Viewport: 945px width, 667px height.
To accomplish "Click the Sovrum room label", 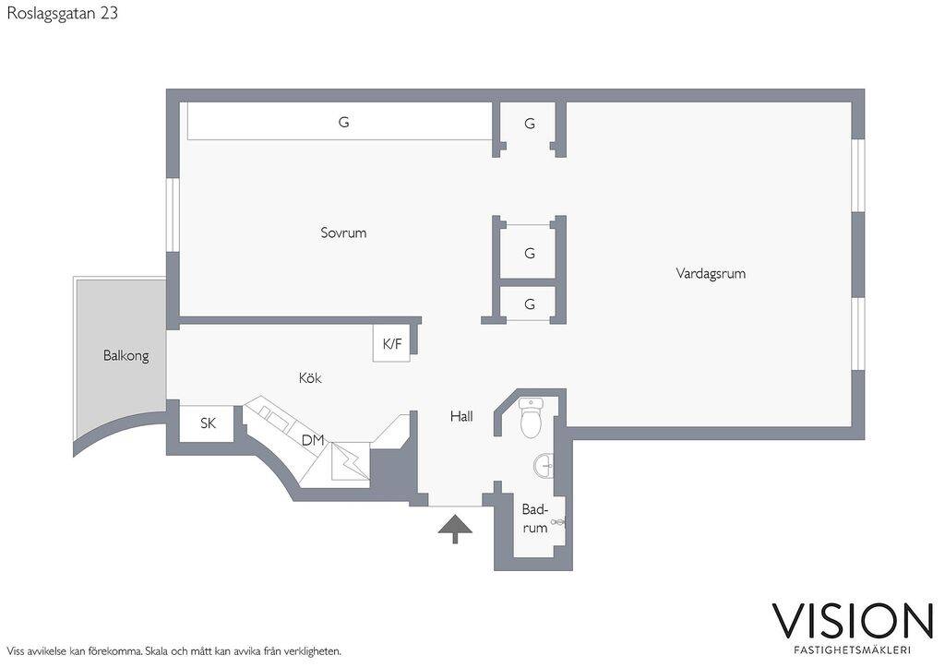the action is [343, 232].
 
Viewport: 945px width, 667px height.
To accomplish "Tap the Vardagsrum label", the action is [711, 274].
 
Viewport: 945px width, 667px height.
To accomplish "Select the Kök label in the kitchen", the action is [310, 378].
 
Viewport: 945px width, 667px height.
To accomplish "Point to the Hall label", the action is [461, 416].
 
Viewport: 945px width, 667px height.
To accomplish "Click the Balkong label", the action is [126, 355].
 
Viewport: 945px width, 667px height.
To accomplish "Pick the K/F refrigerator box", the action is [391, 343].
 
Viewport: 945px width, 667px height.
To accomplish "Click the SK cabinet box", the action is [208, 423].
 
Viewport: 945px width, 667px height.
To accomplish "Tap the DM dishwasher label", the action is [313, 440].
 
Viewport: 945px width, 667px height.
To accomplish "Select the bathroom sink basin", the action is [544, 466].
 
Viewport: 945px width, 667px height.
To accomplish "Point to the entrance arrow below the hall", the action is [455, 529].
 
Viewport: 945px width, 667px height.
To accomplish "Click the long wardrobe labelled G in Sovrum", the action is [340, 122].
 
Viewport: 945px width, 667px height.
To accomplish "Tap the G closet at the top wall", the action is [530, 124].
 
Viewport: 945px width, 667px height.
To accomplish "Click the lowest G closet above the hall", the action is [530, 304].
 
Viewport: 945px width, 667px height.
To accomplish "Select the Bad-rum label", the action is [535, 518].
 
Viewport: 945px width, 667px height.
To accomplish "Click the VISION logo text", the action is [853, 621].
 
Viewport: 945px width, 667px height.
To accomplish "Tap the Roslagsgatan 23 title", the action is [62, 13].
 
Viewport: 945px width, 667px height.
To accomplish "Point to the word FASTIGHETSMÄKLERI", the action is [852, 650].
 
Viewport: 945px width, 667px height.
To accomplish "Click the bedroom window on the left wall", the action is [173, 215].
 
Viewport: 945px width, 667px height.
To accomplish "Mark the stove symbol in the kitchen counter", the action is [350, 461].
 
